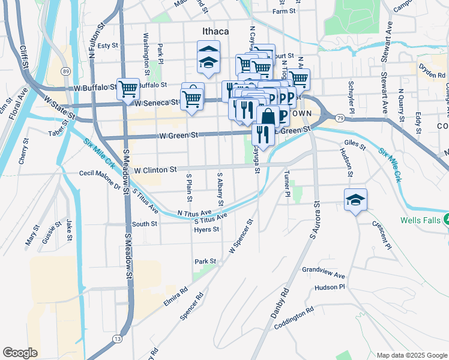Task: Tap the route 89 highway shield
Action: (x=65, y=71)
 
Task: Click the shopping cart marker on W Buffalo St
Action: (x=128, y=89)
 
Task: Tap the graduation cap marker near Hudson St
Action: (x=355, y=200)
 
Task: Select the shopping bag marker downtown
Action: (x=268, y=117)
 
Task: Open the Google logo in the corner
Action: (x=20, y=352)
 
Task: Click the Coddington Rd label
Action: (x=294, y=318)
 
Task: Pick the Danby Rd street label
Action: (x=280, y=303)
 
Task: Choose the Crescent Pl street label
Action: (x=381, y=236)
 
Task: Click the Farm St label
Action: (x=285, y=11)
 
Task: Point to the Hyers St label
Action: (x=206, y=229)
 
